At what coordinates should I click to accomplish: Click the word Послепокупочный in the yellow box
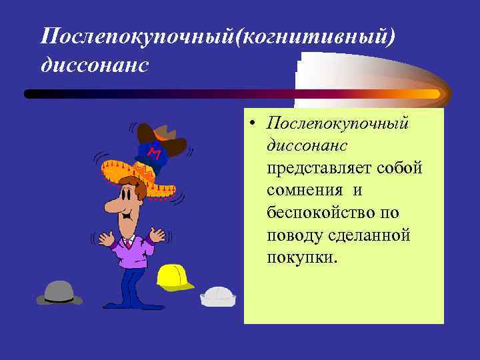point(337,123)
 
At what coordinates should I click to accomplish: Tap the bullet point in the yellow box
point(255,123)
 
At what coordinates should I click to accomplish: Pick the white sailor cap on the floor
point(218,296)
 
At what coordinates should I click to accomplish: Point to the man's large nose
point(114,204)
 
